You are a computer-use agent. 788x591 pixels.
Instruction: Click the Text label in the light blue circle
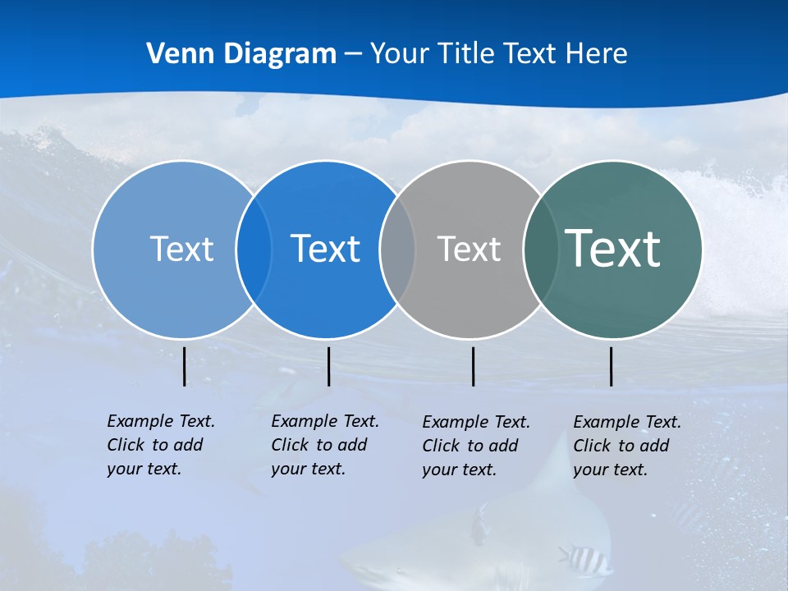[181, 249]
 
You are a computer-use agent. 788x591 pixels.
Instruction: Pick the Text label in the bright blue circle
[325, 249]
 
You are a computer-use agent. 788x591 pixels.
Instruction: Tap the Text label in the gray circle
[469, 249]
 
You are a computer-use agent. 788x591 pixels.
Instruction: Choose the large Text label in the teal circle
[613, 248]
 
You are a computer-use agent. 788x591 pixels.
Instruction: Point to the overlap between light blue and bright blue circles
[254, 249]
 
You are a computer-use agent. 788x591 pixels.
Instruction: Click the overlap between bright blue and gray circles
[397, 249]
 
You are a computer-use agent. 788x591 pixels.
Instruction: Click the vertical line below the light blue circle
[185, 366]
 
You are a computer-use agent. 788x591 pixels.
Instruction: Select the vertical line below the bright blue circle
[328, 366]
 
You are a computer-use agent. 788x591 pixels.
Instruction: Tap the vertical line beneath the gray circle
[473, 366]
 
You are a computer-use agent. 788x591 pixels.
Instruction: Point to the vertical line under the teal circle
[611, 366]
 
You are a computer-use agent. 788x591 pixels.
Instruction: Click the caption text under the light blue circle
[160, 445]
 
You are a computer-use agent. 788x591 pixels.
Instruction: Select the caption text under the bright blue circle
[324, 445]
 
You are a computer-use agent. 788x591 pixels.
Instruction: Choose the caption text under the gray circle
[475, 446]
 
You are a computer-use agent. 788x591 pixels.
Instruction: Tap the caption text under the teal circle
[626, 446]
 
